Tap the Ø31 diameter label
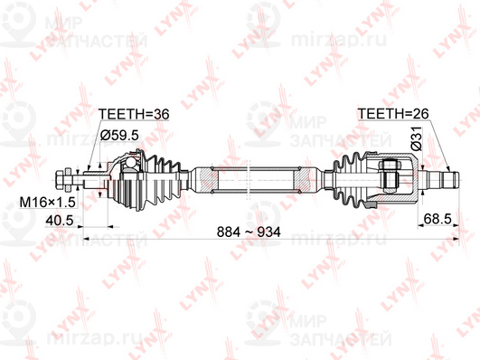click(418, 139)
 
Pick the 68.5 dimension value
click(436, 219)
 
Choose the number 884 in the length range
click(229, 232)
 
